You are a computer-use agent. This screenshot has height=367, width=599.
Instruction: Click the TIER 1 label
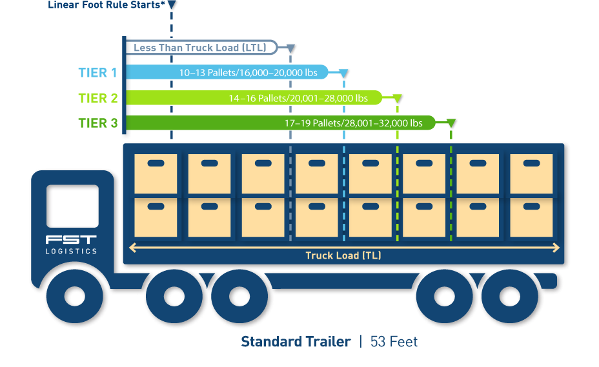point(97,72)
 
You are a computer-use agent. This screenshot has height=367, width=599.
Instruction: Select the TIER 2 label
point(97,98)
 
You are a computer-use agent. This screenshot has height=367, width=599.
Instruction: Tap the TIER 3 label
point(97,123)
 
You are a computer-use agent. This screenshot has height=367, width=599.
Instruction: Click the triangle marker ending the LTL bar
point(291,48)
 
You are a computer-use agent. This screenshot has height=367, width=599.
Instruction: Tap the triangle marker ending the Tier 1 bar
point(344,73)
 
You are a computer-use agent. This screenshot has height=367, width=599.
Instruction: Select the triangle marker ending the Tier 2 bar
point(398,99)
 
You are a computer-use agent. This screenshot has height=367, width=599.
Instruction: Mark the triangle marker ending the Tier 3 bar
point(451,123)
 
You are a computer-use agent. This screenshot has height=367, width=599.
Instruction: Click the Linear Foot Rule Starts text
point(106,5)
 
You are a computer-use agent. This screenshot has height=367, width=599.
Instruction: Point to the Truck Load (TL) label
point(343,255)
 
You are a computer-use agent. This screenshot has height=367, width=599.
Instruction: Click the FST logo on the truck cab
point(71,240)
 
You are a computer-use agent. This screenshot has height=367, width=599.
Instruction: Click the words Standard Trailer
point(296,342)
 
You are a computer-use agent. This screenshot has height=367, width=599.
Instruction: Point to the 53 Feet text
point(394,342)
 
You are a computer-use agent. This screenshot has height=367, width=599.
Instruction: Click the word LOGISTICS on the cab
point(71,251)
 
